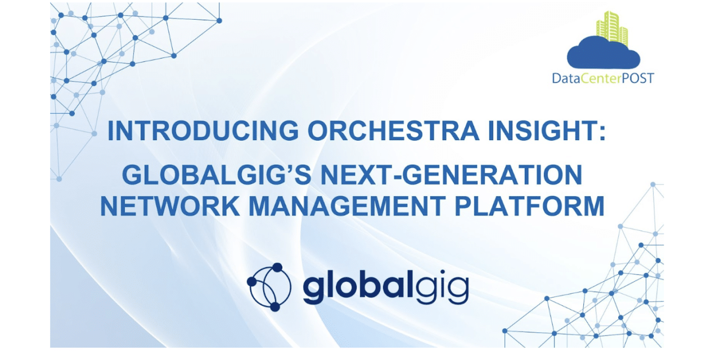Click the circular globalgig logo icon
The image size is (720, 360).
(269, 287)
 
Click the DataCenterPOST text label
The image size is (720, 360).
(603, 78)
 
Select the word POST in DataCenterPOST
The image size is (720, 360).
(637, 78)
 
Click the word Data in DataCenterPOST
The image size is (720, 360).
(563, 78)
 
